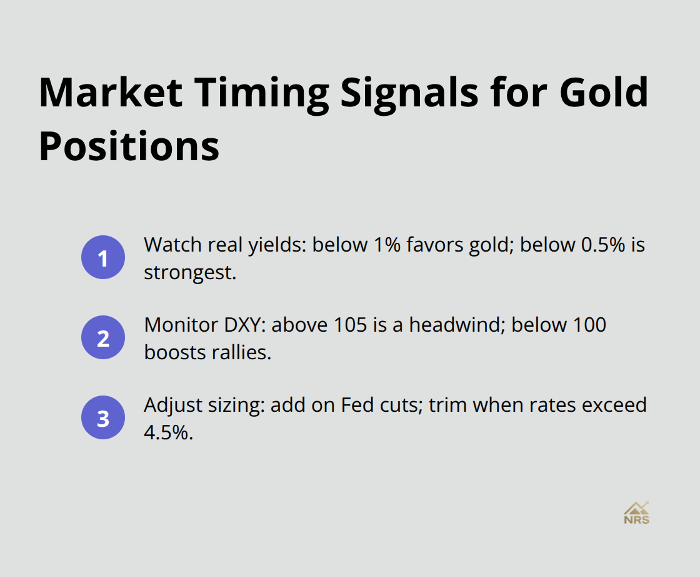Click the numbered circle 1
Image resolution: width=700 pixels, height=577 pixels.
(103, 257)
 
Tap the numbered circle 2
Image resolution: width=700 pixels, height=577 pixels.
(103, 337)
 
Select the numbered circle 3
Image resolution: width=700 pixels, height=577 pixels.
(103, 417)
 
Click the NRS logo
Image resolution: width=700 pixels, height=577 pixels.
(636, 513)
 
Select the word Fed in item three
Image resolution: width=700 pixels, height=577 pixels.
(357, 405)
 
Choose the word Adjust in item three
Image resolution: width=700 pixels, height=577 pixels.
(169, 405)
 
